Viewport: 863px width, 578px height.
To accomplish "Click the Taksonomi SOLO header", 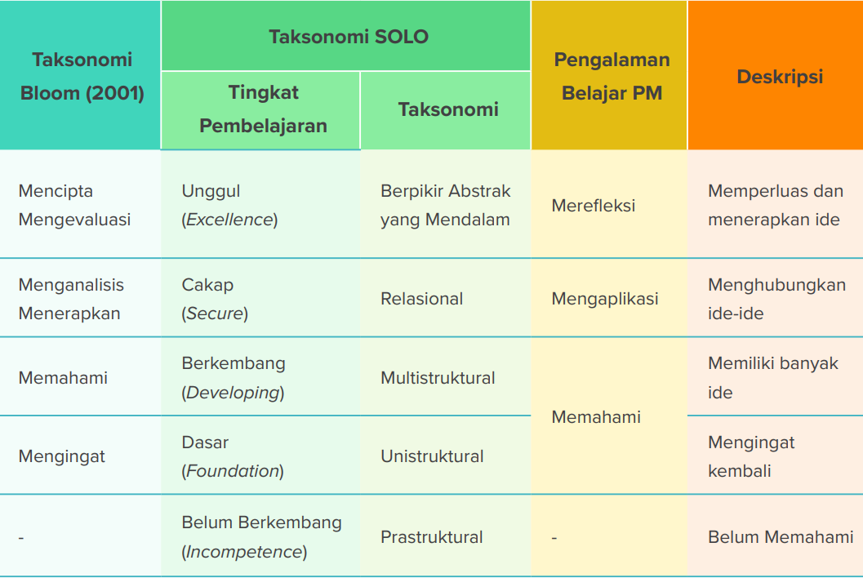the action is point(349,37).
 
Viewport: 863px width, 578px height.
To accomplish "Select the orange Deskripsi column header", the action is point(780,77).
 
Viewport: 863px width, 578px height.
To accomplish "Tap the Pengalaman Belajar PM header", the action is point(612,76).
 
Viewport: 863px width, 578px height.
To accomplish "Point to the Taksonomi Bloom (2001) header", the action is point(82,76).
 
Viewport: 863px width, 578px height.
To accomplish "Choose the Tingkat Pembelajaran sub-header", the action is point(263,109).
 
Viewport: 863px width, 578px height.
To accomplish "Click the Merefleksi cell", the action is point(594,206).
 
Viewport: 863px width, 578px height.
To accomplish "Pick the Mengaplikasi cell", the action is point(605,299).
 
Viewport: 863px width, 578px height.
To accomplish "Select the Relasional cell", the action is point(421,299).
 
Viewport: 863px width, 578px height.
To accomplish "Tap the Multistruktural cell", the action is point(438,378).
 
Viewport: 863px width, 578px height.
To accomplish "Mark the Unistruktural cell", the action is point(432,456).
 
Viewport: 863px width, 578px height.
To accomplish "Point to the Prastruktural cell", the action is point(431,536).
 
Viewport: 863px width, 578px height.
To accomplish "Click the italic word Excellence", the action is point(229,220).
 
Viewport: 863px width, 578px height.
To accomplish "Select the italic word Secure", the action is point(215,313).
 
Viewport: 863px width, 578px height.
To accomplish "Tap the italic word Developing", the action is point(233,393).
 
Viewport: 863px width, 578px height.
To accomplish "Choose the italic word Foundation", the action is point(233,471).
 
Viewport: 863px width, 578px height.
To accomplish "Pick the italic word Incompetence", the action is point(244,552).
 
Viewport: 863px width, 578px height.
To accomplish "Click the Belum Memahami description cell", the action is point(781,536).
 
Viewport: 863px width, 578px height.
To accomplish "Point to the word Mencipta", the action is point(56,191).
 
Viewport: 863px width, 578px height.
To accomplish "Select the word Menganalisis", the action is point(71,285).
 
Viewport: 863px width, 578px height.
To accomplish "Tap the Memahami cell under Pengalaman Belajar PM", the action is point(596,416).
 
